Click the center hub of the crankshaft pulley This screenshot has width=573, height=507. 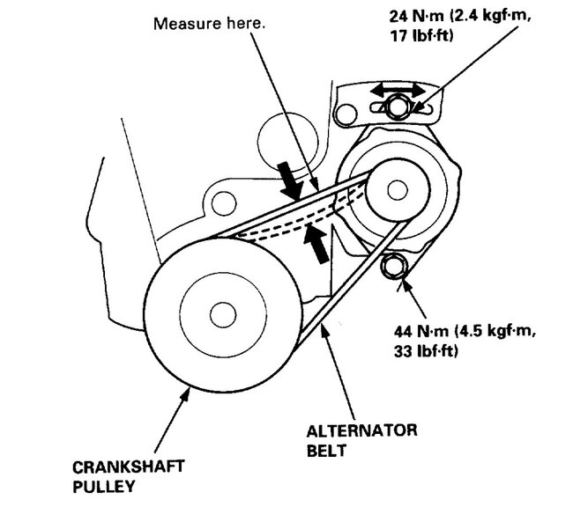tap(216, 312)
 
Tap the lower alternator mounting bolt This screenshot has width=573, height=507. tap(392, 265)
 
